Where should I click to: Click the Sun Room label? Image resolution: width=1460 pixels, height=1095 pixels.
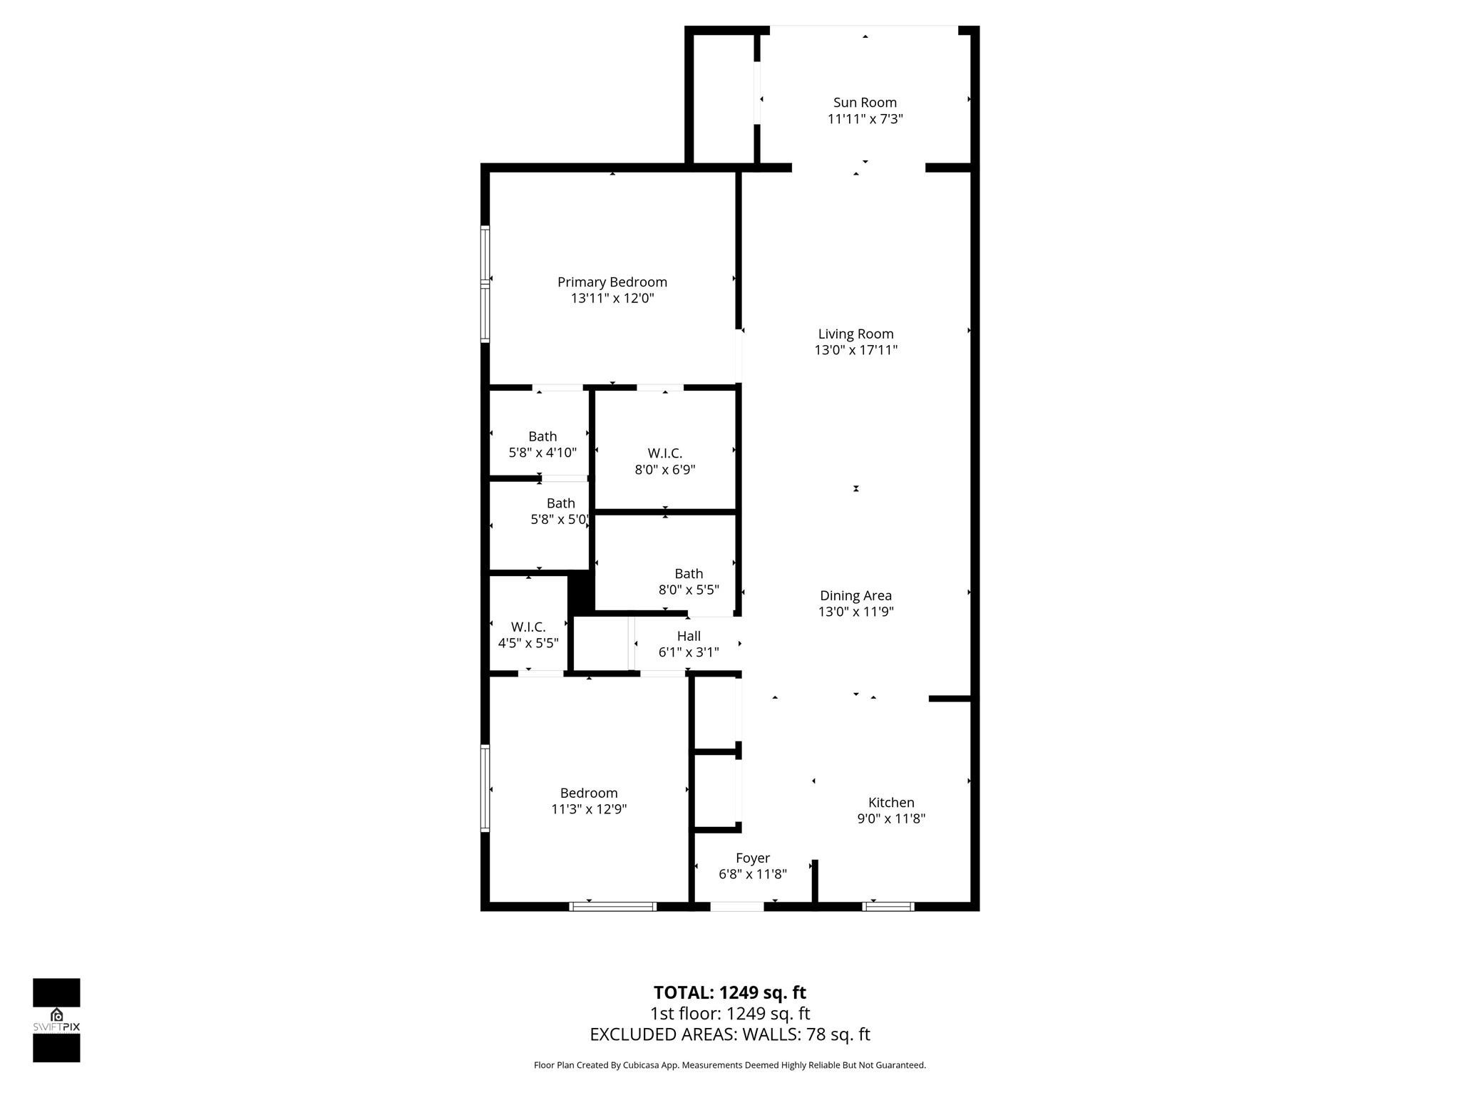click(865, 103)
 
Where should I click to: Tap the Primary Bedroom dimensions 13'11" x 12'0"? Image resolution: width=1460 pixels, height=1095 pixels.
click(612, 299)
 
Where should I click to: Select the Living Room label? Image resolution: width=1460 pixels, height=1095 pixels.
click(855, 334)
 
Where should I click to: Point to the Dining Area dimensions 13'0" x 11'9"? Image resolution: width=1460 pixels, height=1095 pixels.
click(855, 612)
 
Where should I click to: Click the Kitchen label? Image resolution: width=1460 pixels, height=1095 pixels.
click(891, 803)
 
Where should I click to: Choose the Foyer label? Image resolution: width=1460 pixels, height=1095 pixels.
click(753, 858)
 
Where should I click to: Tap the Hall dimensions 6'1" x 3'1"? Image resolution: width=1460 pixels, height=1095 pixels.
click(689, 652)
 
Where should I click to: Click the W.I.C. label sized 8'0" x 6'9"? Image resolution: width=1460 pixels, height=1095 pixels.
click(665, 453)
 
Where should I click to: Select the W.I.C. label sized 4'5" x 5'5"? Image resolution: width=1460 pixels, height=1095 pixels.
click(528, 627)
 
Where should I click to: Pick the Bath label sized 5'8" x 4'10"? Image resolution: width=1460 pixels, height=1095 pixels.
click(543, 436)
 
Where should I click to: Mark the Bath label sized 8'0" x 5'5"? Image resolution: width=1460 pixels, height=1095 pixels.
click(689, 574)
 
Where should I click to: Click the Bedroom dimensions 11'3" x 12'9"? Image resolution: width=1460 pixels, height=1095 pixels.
click(589, 809)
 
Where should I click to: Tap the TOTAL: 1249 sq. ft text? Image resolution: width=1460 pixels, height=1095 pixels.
click(729, 992)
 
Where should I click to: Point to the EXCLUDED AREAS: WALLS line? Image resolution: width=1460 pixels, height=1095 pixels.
click(729, 1034)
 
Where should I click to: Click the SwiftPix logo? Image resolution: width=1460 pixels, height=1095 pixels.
click(56, 1020)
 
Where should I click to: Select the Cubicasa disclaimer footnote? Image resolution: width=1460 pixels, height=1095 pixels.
click(729, 1065)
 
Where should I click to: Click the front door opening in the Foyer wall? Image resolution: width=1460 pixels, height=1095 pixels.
click(737, 907)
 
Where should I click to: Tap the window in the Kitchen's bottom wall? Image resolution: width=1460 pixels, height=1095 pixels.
click(888, 907)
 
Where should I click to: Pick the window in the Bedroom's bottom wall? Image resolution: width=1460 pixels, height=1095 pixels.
click(613, 907)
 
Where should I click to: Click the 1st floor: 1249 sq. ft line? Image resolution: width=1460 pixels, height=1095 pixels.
click(729, 1014)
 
